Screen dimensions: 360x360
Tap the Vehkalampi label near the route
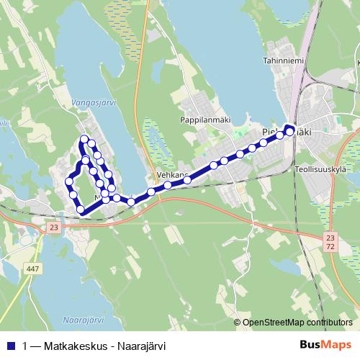[x=172, y=175]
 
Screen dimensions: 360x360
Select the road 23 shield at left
[x=54, y=227]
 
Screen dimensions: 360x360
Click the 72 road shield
[x=330, y=247]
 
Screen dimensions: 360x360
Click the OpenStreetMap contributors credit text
[x=297, y=323]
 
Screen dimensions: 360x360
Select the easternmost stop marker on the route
[x=289, y=131]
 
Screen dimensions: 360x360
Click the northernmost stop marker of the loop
[x=85, y=138]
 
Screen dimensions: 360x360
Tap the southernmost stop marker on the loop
[x=81, y=210]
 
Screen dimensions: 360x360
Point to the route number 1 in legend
[x=26, y=345]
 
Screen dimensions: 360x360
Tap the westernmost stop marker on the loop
[x=70, y=180]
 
